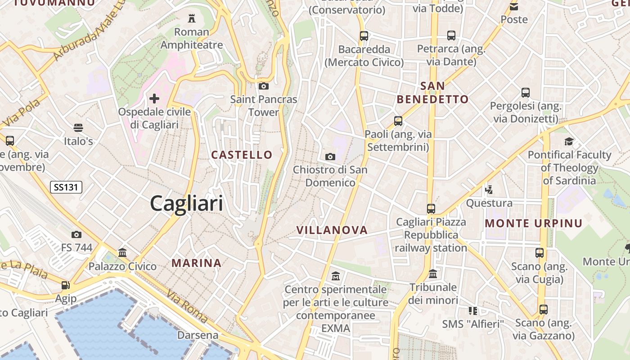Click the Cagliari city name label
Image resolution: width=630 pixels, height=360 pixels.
186,203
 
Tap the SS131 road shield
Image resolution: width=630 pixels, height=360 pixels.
66,187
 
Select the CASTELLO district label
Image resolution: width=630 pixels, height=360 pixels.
242,155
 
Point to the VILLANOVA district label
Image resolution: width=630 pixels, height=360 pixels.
332,230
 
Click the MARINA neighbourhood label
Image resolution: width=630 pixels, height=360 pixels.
197,263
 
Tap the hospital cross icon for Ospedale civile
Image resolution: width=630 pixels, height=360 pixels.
154,98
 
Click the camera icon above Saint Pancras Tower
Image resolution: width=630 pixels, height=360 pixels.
264,86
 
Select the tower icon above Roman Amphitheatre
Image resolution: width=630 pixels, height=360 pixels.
192,18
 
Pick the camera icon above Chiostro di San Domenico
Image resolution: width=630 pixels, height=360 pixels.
330,157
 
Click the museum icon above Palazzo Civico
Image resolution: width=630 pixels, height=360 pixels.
122,252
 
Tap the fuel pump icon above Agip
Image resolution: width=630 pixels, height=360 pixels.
66,285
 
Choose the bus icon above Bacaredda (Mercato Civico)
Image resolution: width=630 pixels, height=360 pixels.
364,36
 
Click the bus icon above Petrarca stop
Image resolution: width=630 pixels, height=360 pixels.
451,35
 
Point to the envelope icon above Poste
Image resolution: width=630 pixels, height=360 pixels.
514,6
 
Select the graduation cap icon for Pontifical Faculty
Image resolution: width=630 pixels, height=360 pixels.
569,141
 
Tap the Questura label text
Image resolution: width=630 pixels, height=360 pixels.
489,203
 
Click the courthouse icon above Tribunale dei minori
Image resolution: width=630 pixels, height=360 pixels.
433,274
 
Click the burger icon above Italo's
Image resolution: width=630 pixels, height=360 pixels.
78,128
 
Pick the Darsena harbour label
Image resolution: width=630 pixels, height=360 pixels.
198,335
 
